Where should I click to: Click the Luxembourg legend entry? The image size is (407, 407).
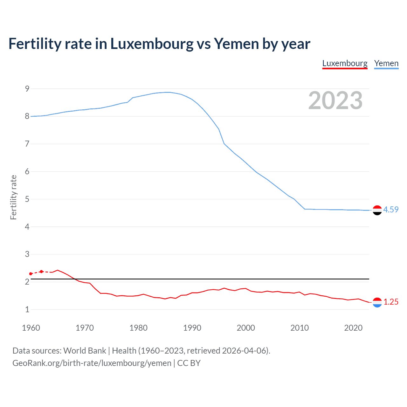click(345, 63)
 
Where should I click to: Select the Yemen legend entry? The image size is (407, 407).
click(386, 63)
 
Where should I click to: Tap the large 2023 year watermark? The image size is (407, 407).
click(335, 100)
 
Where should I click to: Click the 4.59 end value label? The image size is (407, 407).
click(391, 210)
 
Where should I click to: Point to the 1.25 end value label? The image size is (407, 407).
click(391, 302)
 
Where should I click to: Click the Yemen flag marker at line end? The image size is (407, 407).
click(377, 210)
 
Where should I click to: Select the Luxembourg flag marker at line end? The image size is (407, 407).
click(377, 302)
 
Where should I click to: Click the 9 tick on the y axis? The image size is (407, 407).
click(27, 89)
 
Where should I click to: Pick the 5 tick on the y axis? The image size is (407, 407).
click(27, 199)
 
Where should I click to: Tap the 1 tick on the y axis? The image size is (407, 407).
click(27, 309)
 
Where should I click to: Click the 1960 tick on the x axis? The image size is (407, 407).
click(31, 328)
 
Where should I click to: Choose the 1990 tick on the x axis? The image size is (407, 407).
click(192, 328)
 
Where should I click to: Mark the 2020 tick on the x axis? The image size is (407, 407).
click(353, 328)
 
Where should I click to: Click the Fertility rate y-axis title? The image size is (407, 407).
click(13, 197)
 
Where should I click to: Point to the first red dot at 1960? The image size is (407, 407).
click(31, 274)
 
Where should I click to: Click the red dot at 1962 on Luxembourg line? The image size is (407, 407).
click(41, 272)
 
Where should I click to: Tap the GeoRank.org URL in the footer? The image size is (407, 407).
click(92, 363)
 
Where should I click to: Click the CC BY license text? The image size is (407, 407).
click(189, 363)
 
